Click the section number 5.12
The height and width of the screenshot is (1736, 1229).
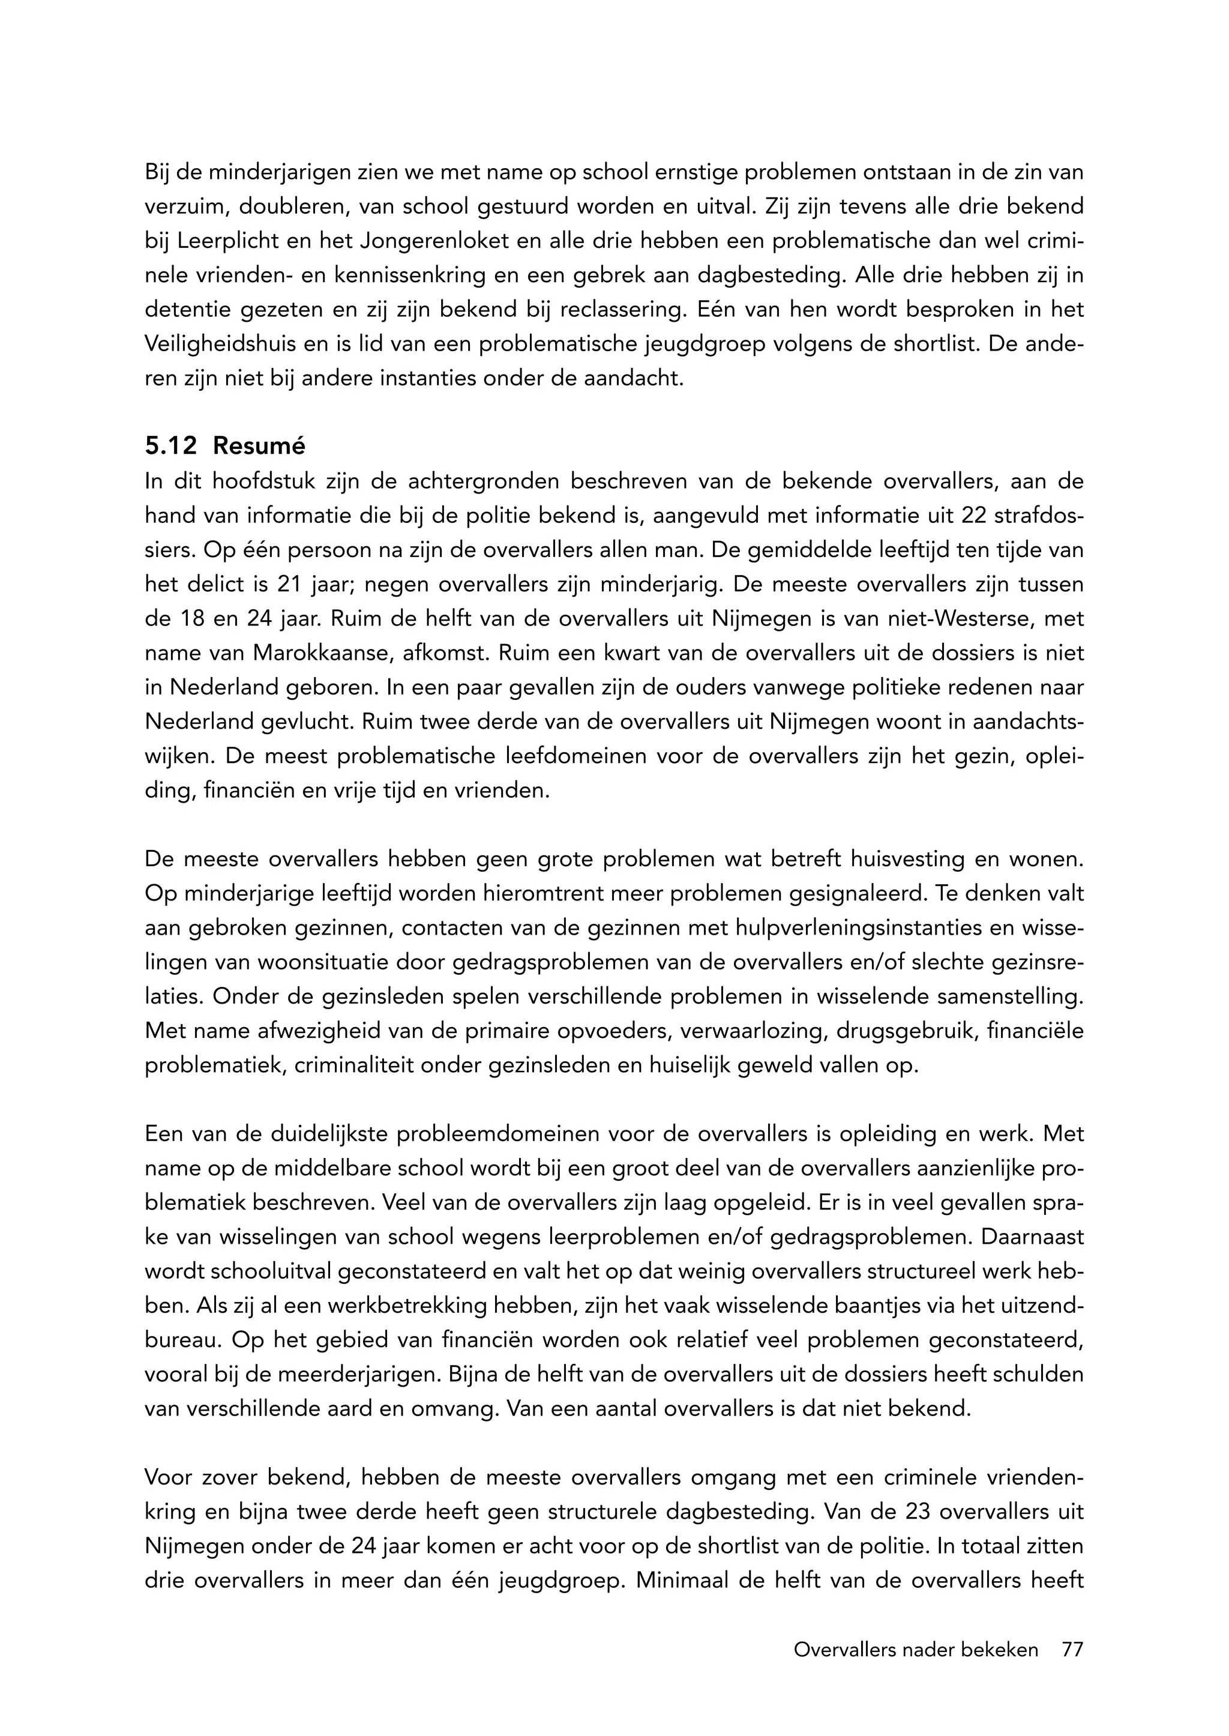(x=170, y=447)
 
